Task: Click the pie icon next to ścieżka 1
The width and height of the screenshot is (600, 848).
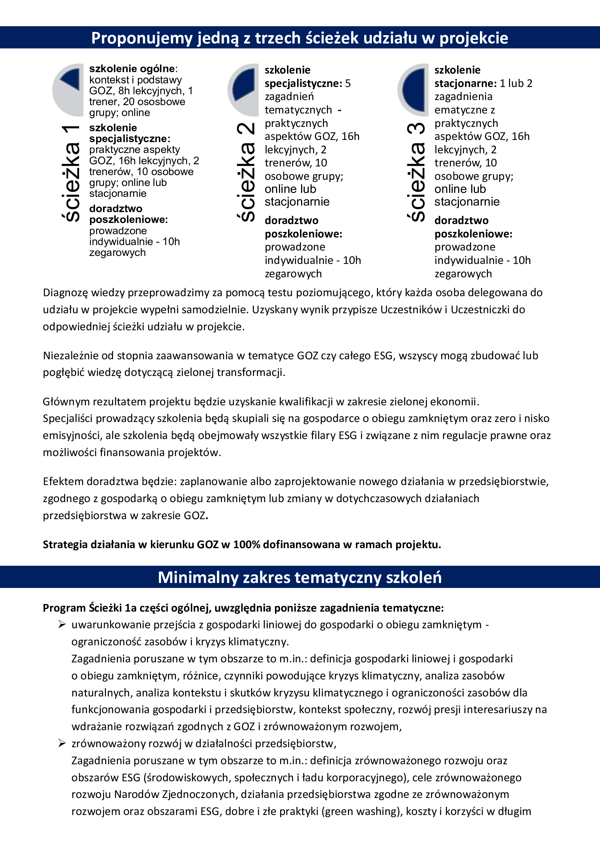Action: point(69,90)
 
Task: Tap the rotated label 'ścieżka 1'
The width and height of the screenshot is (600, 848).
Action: point(71,174)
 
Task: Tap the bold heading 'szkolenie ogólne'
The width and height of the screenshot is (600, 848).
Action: point(132,69)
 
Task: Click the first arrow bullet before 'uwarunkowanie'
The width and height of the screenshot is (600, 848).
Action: point(62,625)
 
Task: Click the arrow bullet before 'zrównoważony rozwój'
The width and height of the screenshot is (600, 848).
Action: point(62,744)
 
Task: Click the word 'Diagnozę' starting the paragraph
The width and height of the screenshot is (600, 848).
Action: point(65,293)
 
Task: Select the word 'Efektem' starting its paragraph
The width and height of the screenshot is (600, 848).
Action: point(63,481)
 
